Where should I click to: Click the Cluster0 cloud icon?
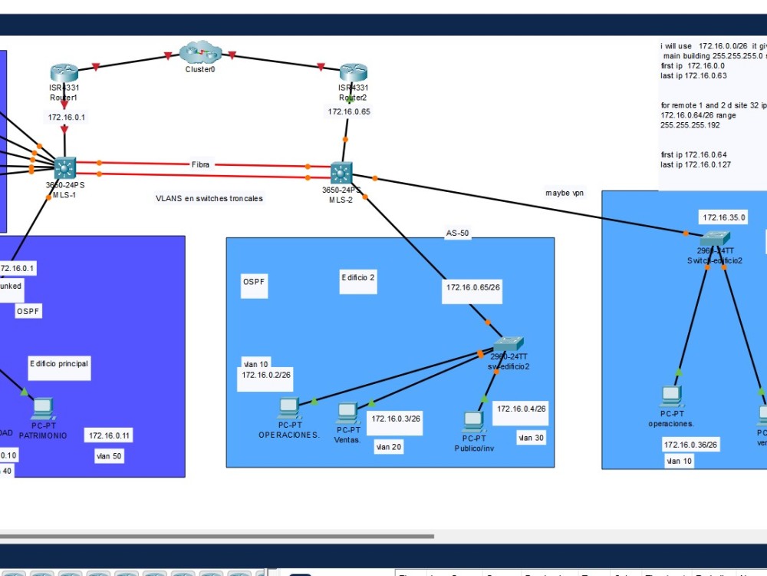coord(199,54)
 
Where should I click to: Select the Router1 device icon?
coord(64,74)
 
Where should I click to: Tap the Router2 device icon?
coord(353,74)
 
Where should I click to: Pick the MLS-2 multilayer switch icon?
coord(341,172)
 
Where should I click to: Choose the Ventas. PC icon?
coord(347,413)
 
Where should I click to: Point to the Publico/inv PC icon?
coord(473,422)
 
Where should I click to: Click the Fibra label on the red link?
coord(200,164)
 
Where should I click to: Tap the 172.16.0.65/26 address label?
coord(473,287)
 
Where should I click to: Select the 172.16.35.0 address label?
coord(723,217)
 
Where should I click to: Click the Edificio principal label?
coord(59,363)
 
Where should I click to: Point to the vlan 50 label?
coord(108,455)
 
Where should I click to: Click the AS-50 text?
coord(457,233)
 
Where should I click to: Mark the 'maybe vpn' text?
coord(564,193)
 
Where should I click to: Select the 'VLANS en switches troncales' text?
coord(209,198)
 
